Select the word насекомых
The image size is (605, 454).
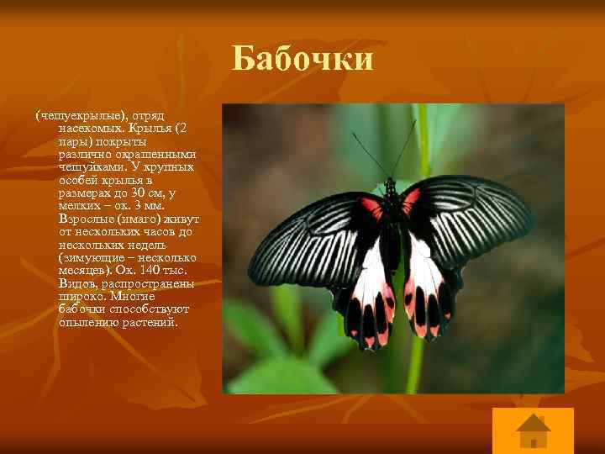(87, 127)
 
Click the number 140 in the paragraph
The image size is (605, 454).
(128, 270)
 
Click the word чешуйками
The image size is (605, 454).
(88, 166)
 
